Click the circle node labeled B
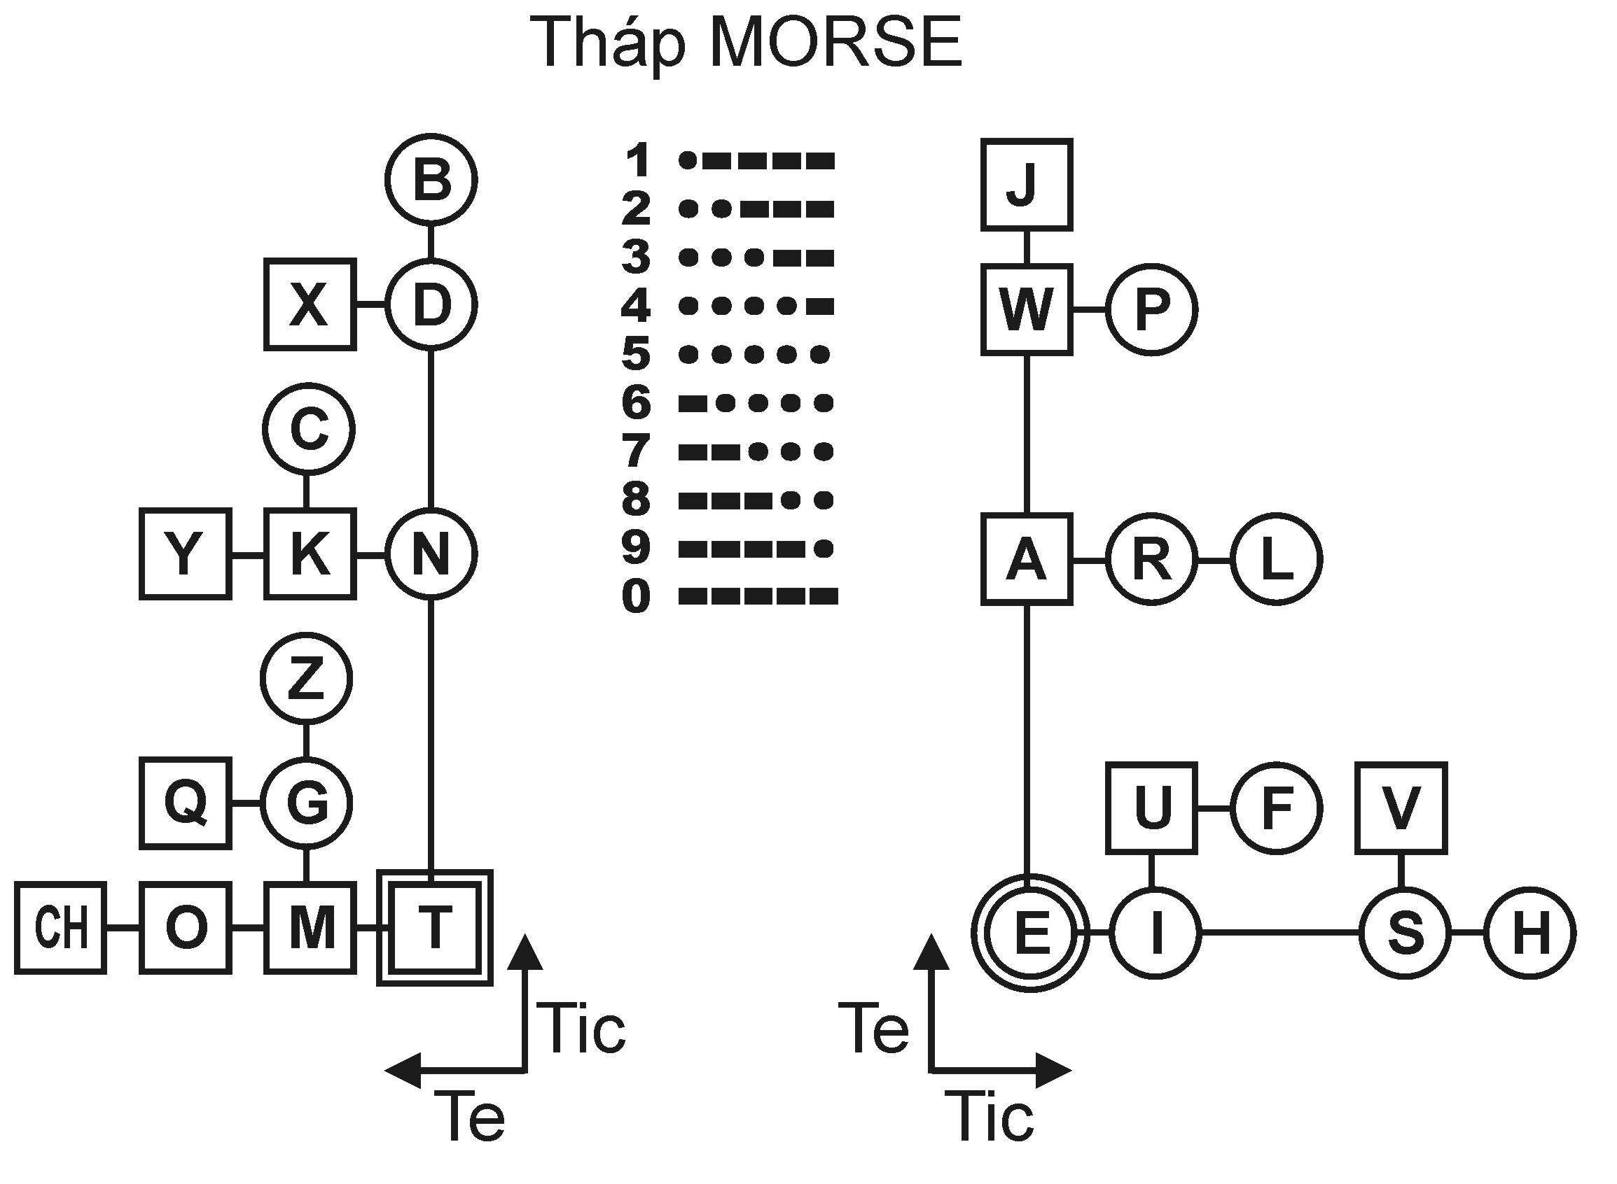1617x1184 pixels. tap(431, 179)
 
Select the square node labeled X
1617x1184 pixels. tap(310, 304)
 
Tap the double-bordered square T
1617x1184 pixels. tap(435, 928)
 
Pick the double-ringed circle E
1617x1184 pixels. tap(1030, 933)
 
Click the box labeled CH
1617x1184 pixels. tap(61, 928)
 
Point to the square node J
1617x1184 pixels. tap(1026, 185)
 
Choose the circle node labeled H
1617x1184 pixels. tap(1529, 933)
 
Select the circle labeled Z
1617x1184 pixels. tap(306, 678)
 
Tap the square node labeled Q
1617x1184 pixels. tap(186, 803)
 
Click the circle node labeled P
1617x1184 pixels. tap(1151, 309)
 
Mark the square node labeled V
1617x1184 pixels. tap(1401, 808)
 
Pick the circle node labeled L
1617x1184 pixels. tap(1277, 559)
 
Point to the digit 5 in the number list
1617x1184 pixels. tap(636, 354)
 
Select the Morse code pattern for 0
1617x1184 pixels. tap(757, 596)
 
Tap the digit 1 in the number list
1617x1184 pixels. tap(637, 160)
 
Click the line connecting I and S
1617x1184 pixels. tap(1280, 933)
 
